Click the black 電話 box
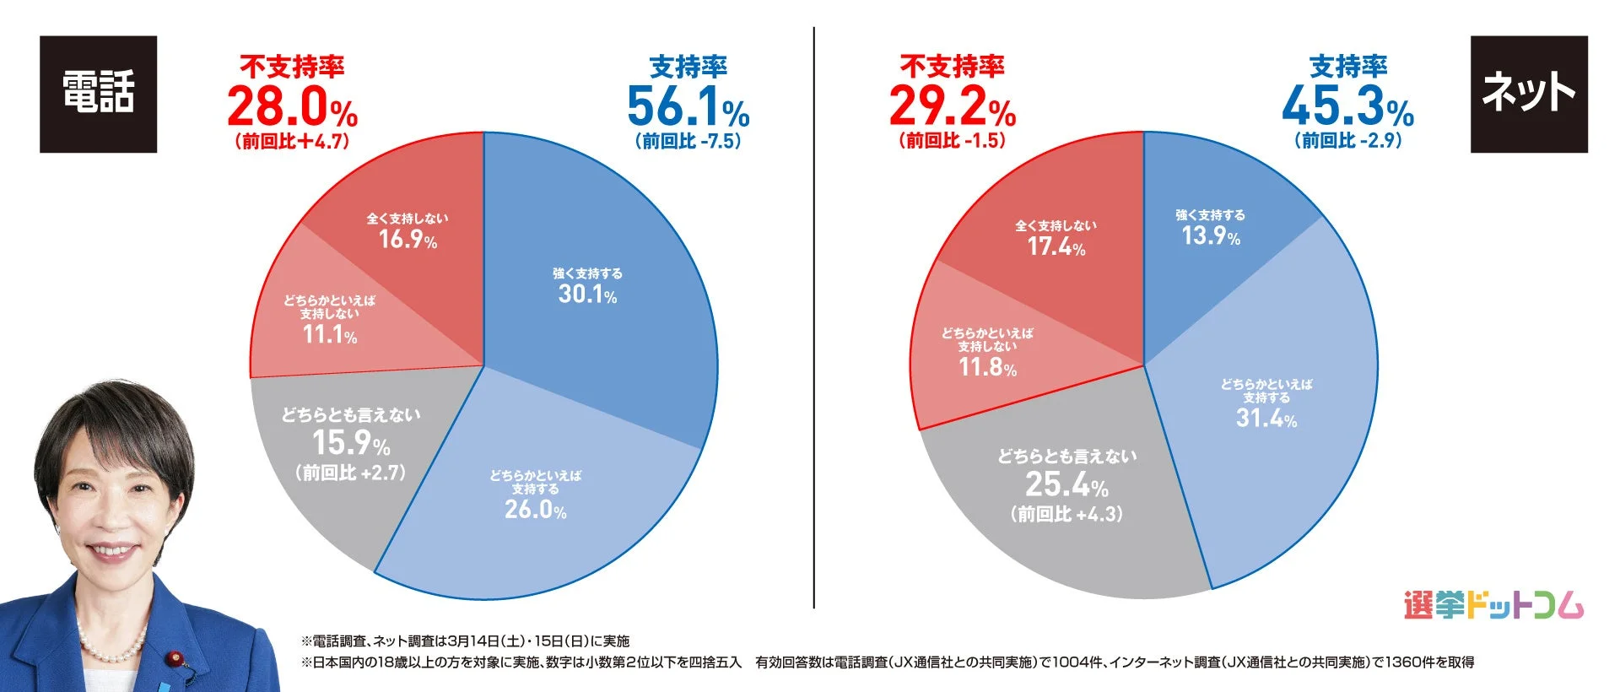[x=98, y=94]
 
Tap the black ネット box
[x=1528, y=94]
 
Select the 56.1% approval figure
[x=688, y=107]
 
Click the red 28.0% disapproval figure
[x=292, y=107]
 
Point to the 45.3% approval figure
[x=1347, y=107]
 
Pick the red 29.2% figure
[x=952, y=107]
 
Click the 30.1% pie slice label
[x=587, y=294]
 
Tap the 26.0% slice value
[x=535, y=510]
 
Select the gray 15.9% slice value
[x=351, y=443]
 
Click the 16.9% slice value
[x=408, y=240]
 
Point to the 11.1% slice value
[x=329, y=335]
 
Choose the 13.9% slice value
[x=1211, y=236]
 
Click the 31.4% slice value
[x=1266, y=418]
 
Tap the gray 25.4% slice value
[x=1066, y=485]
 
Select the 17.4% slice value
[x=1056, y=247]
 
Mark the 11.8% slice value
[x=987, y=367]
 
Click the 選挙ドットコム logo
[x=1493, y=605]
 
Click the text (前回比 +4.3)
[x=1066, y=514]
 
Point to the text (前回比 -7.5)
[x=688, y=141]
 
